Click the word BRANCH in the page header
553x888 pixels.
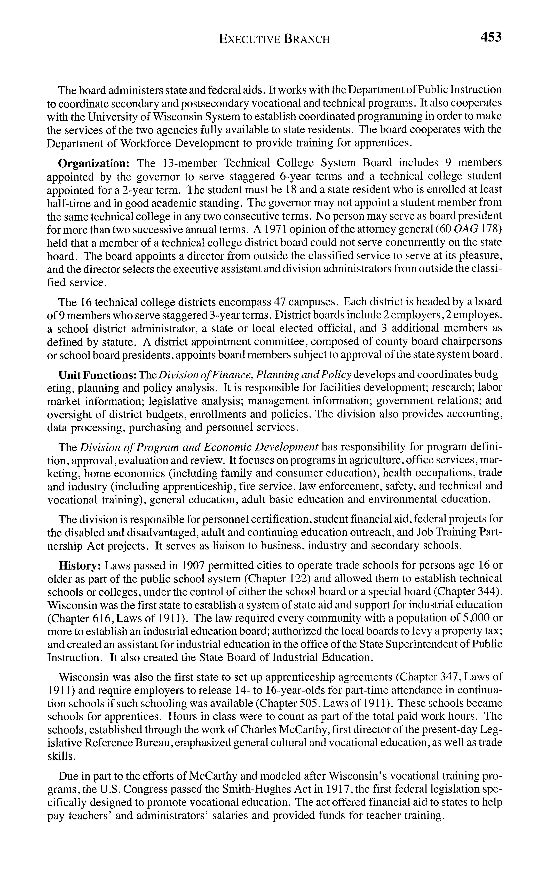click(306, 39)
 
